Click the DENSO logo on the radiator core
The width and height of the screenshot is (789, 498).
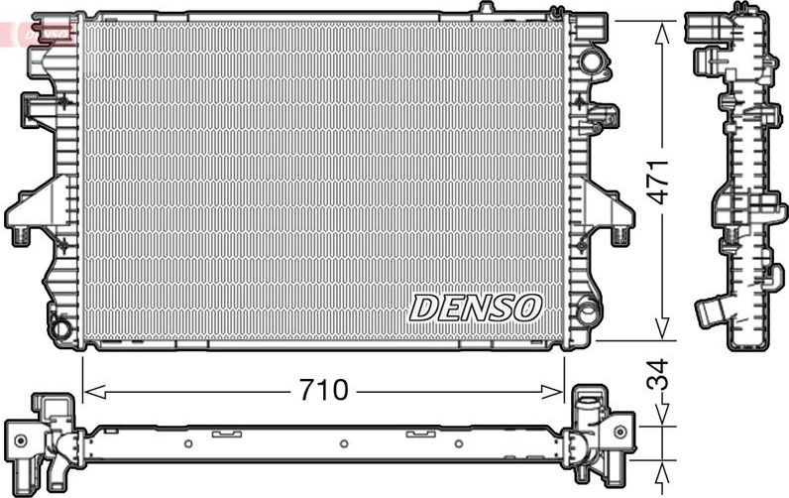[x=476, y=308]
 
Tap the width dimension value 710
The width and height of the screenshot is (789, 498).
[x=324, y=391]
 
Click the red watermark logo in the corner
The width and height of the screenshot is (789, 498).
[x=40, y=32]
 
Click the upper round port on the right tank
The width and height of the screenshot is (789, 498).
[x=592, y=62]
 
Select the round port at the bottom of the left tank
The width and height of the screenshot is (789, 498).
[x=61, y=325]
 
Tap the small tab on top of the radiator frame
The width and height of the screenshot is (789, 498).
[x=485, y=8]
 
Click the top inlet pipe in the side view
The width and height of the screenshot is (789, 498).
[x=706, y=27]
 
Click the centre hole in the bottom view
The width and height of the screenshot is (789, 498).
[x=343, y=444]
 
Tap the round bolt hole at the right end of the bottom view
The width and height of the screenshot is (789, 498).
[x=620, y=433]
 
